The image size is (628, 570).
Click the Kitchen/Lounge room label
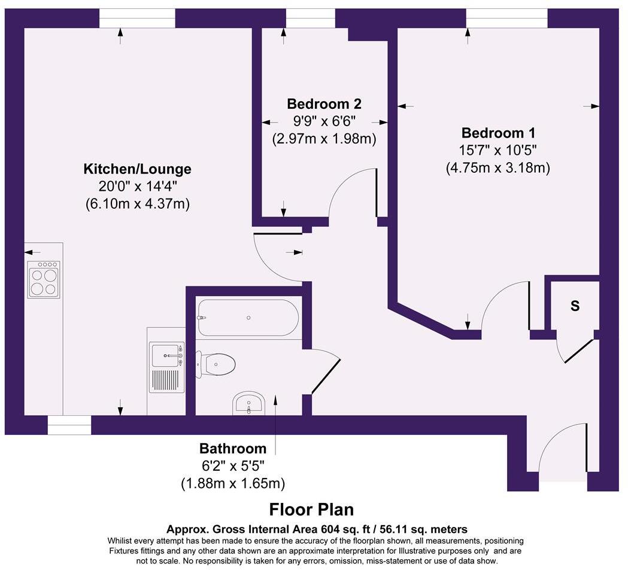pos(137,169)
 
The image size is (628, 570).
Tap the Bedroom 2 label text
pos(324,103)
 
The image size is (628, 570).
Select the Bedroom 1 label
pos(497,133)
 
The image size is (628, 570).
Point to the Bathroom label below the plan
pos(232,449)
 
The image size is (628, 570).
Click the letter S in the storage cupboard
pos(575,306)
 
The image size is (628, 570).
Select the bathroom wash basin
pos(248,404)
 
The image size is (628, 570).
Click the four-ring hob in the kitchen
pos(44,280)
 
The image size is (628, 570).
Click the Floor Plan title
pos(311,510)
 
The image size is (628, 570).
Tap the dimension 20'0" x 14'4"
pos(137,186)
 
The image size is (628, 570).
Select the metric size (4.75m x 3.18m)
pos(497,168)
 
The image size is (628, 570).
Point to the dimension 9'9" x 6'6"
pos(324,121)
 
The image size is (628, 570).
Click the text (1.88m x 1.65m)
pos(232,483)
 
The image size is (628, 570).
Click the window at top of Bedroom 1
pos(506,19)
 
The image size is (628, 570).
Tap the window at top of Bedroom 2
pos(310,19)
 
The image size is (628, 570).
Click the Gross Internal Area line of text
pos(317,529)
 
